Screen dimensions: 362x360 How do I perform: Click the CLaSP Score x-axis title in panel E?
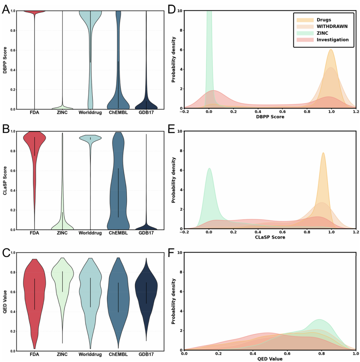click(x=270, y=238)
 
